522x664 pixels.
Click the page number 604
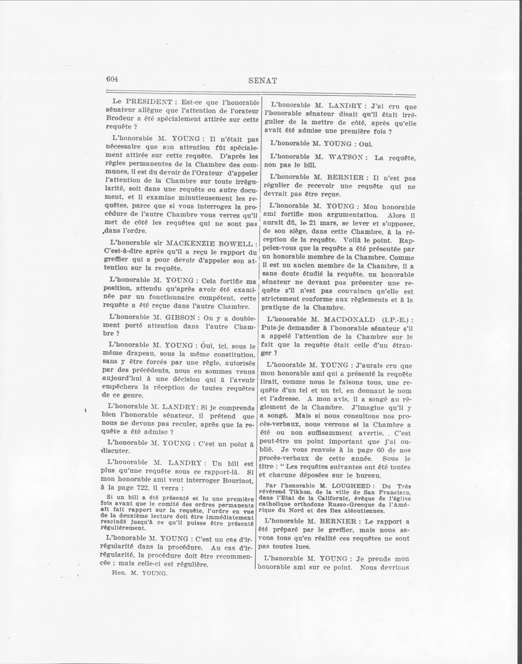[x=112, y=79]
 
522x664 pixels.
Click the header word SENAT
[x=263, y=81]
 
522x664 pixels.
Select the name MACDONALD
[x=349, y=319]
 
